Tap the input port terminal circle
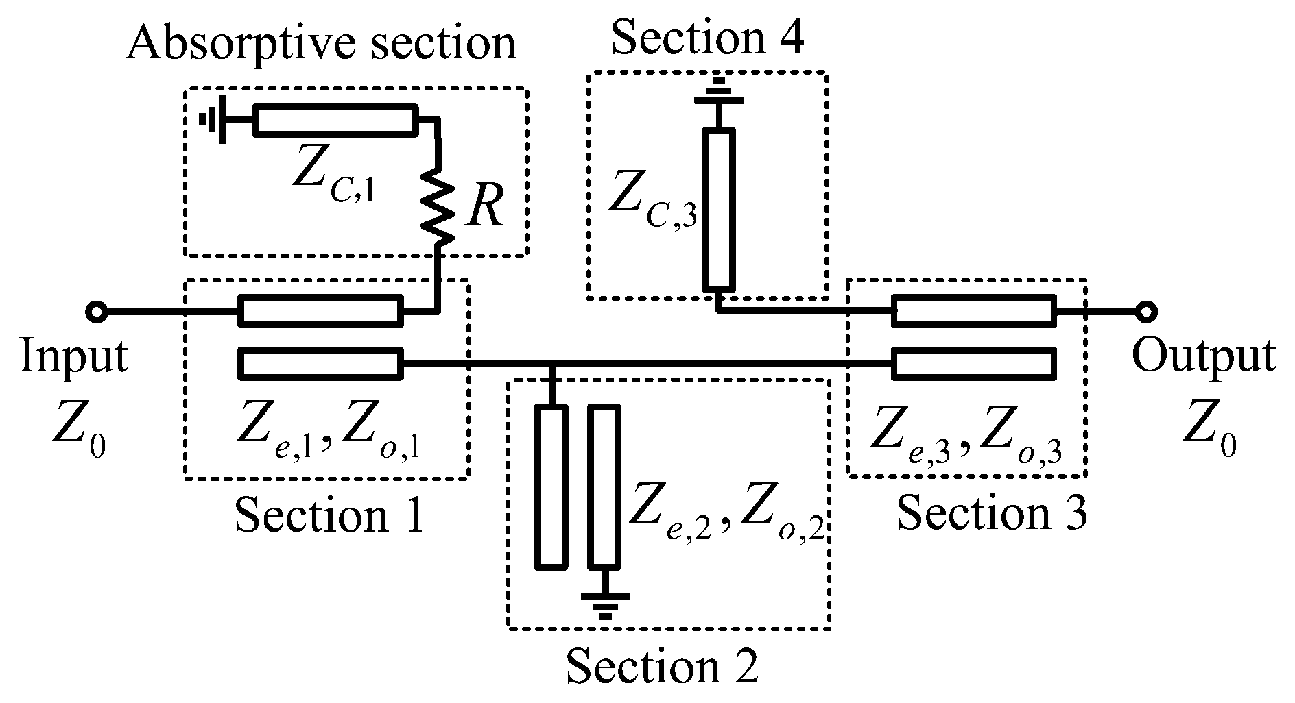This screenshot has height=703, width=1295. click(x=96, y=312)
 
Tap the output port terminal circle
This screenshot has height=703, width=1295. click(x=1145, y=312)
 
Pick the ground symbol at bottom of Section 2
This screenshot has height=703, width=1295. click(x=604, y=603)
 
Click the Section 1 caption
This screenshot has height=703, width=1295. click(x=329, y=515)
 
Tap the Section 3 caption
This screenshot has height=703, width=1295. click(x=992, y=513)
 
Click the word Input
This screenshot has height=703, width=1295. click(x=73, y=357)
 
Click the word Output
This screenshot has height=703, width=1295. click(x=1204, y=357)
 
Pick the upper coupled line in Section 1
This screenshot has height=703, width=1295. click(x=320, y=312)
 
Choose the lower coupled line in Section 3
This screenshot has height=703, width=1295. click(x=974, y=362)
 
